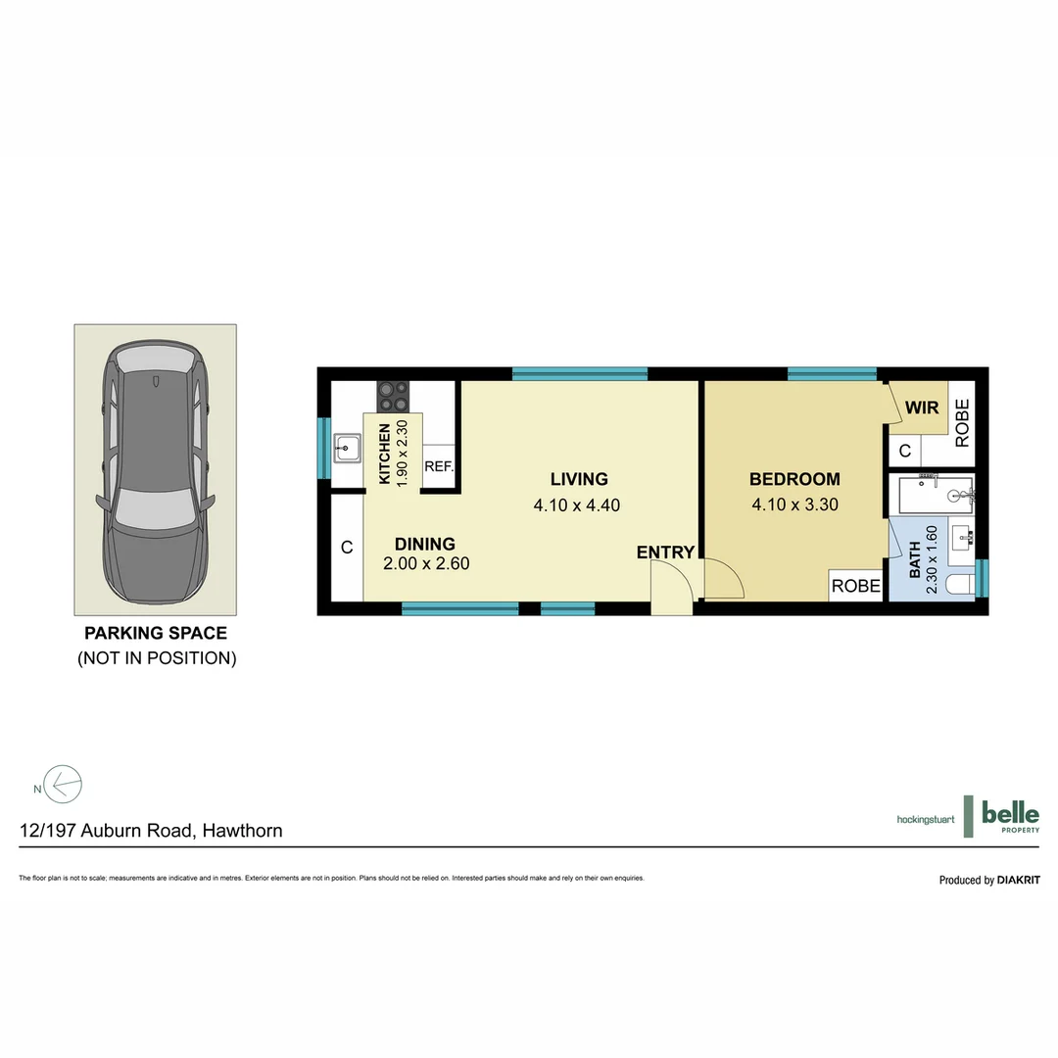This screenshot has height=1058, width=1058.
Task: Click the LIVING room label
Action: [578, 479]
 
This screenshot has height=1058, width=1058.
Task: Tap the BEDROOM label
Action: [794, 479]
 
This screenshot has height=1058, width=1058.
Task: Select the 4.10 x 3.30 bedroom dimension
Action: [794, 505]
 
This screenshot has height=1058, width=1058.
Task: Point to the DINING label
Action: [424, 544]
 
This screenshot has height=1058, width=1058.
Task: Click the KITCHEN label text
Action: [385, 455]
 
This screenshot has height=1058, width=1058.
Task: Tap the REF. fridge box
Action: [439, 467]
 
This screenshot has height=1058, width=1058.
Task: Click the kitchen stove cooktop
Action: [394, 396]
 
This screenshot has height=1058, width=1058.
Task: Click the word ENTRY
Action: [665, 553]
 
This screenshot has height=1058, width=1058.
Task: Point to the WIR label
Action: [922, 407]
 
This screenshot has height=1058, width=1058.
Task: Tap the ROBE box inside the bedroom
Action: [855, 586]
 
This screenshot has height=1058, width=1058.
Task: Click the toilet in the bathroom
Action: [961, 585]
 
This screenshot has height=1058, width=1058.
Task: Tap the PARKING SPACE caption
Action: [156, 633]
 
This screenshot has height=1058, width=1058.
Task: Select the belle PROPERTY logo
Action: [1009, 816]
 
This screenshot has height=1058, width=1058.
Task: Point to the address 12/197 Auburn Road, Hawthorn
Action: [151, 831]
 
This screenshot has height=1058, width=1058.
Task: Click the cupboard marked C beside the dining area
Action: [347, 548]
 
